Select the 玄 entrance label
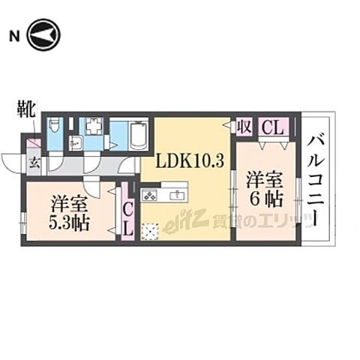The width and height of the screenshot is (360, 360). [34, 160]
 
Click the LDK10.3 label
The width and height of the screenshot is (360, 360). [190, 160]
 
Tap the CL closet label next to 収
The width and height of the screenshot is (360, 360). [272, 128]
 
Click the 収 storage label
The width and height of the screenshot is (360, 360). [244, 127]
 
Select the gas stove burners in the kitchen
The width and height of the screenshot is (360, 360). [149, 197]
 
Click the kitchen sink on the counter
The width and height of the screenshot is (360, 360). [180, 196]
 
